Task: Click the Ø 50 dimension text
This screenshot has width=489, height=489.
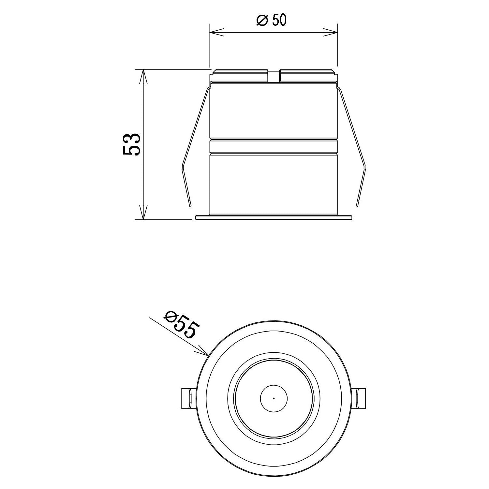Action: pos(271,21)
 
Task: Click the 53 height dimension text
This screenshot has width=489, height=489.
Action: pos(132,144)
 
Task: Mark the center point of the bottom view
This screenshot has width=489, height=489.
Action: pos(274,398)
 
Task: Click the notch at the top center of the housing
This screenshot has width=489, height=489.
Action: pos(274,76)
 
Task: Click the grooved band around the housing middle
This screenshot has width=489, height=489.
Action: pos(274,146)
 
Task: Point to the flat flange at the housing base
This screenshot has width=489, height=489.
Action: pos(274,217)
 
